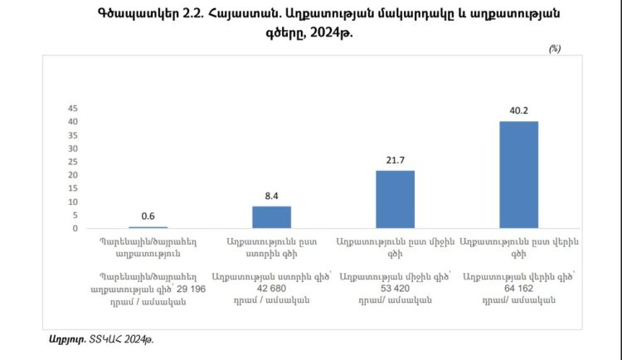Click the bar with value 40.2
point(519,174)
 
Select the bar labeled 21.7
point(396,199)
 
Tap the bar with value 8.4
point(272,216)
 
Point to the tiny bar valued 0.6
point(148,226)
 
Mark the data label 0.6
point(148,215)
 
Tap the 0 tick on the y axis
point(75,228)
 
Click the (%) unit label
point(554,49)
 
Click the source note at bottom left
point(102,338)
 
